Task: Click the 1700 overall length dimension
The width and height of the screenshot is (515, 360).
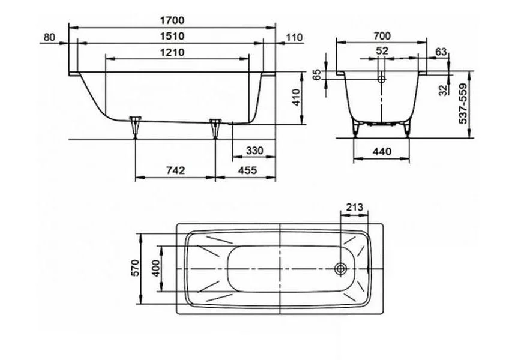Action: (x=172, y=20)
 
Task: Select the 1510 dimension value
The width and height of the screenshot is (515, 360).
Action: (x=172, y=36)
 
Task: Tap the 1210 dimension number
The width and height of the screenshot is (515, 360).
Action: (x=172, y=52)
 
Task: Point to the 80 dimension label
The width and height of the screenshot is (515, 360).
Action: (x=49, y=37)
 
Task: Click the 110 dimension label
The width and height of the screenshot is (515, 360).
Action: (x=294, y=38)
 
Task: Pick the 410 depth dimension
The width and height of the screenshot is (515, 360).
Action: (x=296, y=97)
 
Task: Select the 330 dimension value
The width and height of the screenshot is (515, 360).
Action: (x=254, y=151)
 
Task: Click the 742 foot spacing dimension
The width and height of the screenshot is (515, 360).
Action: (x=176, y=170)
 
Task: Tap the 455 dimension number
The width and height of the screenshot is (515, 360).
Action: (x=247, y=170)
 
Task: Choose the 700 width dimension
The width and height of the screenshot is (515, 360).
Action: (x=382, y=35)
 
